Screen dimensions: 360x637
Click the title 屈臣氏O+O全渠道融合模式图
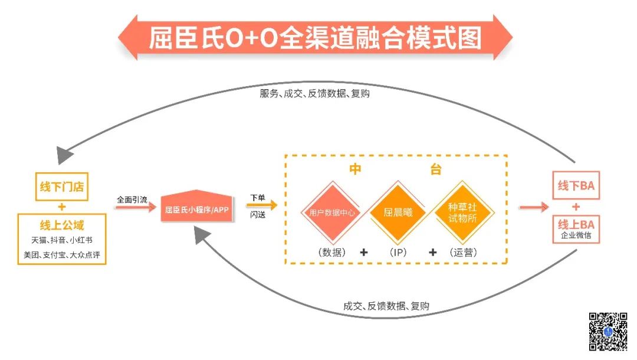tap(315, 38)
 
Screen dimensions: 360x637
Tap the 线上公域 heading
tap(62, 225)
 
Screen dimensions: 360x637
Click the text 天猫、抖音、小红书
tap(62, 240)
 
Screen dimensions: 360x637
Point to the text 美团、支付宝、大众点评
tap(62, 255)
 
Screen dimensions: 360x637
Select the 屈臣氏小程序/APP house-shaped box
tap(196, 208)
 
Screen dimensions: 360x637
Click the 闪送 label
tap(258, 215)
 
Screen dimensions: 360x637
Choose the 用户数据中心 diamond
tap(332, 212)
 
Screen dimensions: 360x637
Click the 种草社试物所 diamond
tap(463, 212)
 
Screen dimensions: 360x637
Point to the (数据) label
tap(331, 252)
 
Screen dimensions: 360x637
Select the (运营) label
tap(462, 252)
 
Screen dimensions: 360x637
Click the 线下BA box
tap(576, 186)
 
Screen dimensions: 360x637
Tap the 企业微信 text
tap(576, 235)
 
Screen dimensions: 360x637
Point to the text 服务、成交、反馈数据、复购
tap(315, 93)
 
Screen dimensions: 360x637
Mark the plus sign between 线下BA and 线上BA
tap(576, 207)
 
